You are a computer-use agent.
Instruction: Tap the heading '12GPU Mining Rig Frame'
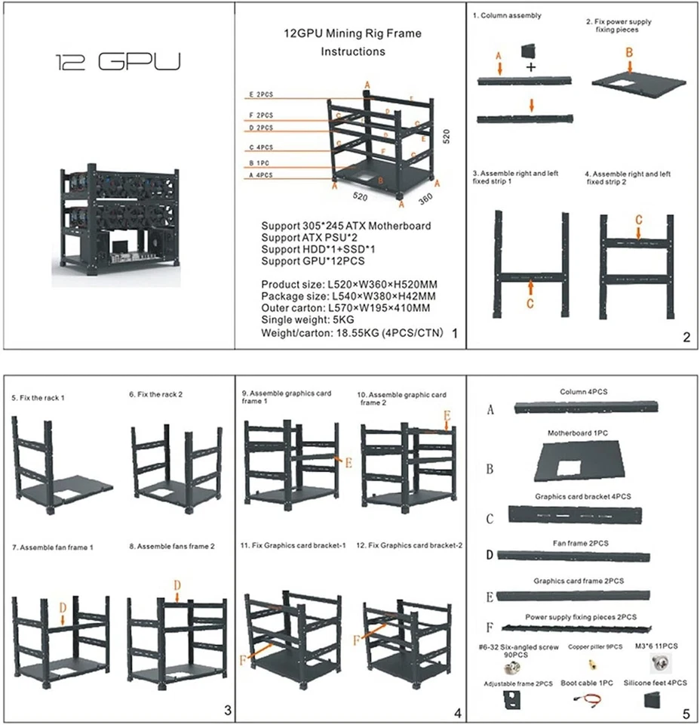click(352, 34)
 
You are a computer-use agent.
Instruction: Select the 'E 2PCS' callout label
click(261, 95)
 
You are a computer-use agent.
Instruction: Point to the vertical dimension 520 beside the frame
click(446, 137)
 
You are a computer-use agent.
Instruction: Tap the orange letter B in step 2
click(629, 52)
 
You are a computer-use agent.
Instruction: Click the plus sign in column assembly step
click(531, 68)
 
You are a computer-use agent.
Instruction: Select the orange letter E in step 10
click(447, 416)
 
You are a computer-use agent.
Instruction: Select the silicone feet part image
click(651, 699)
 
